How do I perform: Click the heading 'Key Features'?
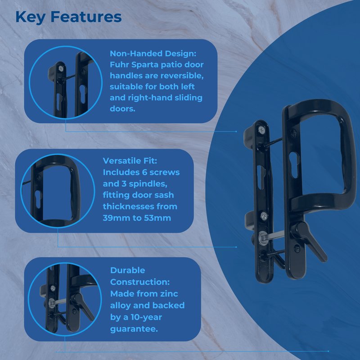coord(68,17)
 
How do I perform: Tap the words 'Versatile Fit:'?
coord(130,161)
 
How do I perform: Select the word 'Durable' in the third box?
coord(128,270)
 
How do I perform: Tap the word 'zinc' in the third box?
coord(168,294)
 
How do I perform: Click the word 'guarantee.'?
coord(134,329)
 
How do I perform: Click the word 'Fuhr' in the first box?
coord(119,65)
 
